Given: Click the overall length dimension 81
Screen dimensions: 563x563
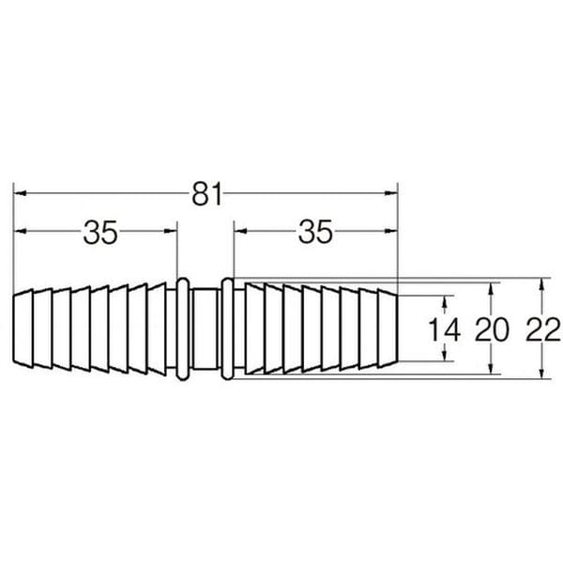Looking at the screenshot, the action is (207, 194).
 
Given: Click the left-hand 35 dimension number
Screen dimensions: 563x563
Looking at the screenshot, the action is (100, 232).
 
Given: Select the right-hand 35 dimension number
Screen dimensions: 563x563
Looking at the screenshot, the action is (315, 232).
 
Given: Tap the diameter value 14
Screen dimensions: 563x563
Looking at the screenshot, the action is (445, 330).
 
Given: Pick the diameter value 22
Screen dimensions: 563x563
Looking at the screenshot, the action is (543, 330).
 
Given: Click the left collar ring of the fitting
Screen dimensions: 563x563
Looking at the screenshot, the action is (182, 328).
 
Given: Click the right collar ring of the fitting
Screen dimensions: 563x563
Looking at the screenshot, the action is (227, 328).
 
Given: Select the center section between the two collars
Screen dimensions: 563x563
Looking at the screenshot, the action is (205, 328).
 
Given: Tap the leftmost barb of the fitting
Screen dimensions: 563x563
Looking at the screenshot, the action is (23, 328).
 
